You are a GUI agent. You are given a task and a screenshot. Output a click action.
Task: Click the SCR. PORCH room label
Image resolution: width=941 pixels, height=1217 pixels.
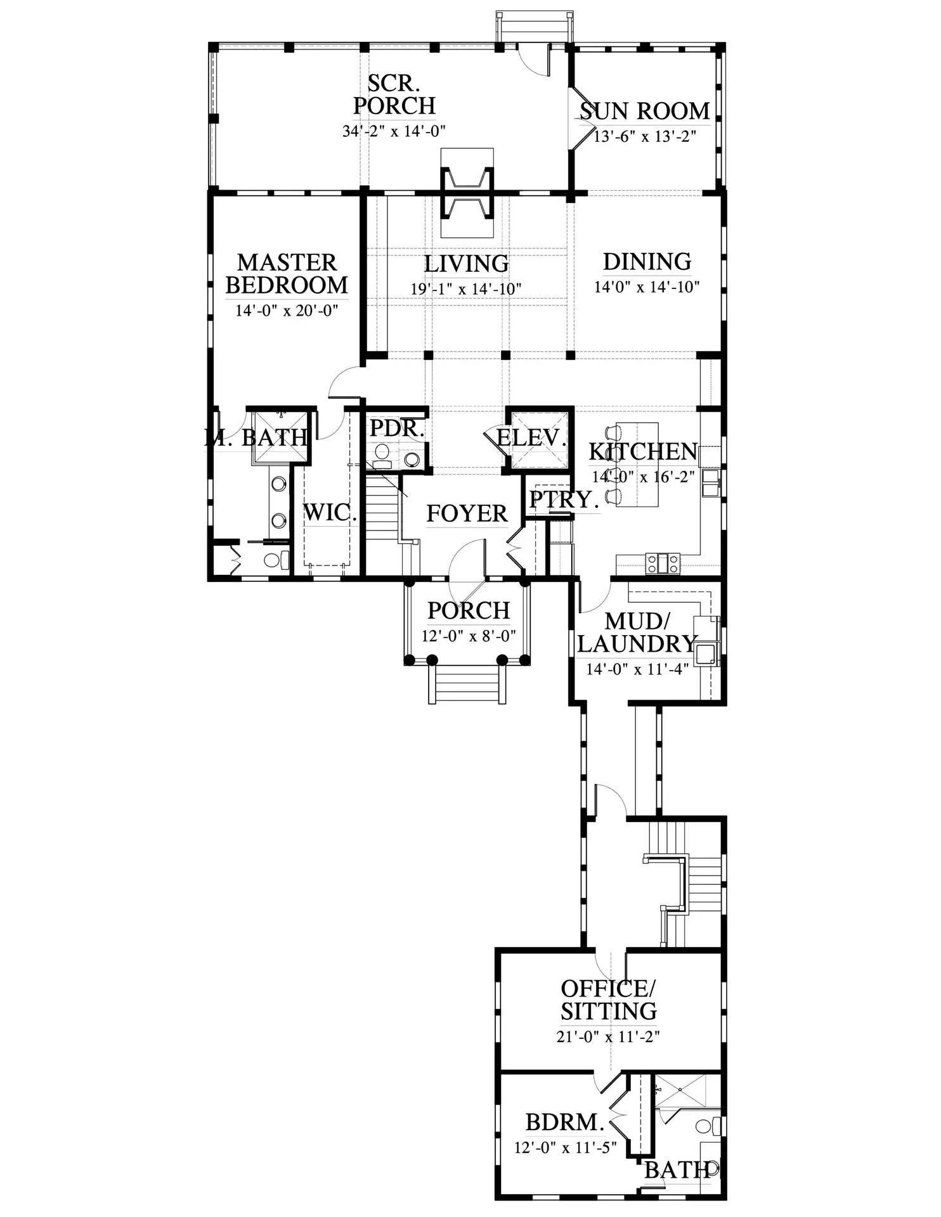click(x=394, y=94)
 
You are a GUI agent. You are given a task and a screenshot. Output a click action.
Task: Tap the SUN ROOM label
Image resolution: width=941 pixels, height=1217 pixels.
click(x=644, y=111)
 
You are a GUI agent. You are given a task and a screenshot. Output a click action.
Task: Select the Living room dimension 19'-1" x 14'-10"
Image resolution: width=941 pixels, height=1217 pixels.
click(x=466, y=289)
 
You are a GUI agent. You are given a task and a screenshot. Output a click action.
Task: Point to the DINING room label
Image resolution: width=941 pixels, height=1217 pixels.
click(x=647, y=261)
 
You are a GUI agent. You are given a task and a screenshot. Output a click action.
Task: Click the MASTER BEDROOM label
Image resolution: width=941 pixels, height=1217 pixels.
click(x=287, y=274)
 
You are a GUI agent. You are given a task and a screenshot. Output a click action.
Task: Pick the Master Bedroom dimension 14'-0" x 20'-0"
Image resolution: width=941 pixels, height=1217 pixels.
click(x=287, y=311)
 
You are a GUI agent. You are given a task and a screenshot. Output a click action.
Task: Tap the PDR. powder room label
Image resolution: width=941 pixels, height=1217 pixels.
click(x=397, y=428)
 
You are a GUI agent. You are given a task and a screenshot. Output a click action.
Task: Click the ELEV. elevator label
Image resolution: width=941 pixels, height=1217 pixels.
click(x=531, y=437)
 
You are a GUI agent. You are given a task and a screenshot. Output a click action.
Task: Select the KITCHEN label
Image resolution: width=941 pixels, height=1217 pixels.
click(x=643, y=452)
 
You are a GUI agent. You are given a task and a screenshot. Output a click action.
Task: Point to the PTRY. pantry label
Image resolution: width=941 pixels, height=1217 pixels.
click(x=564, y=499)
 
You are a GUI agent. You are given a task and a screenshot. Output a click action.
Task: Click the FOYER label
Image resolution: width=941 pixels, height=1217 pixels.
click(x=467, y=513)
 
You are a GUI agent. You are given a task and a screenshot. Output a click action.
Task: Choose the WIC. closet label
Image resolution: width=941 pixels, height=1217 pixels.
click(x=330, y=513)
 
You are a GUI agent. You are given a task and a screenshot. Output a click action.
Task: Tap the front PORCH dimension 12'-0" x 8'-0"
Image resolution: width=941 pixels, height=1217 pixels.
click(x=469, y=636)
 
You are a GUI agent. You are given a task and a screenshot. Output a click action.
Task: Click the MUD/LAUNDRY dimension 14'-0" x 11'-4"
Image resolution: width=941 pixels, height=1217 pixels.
click(x=637, y=669)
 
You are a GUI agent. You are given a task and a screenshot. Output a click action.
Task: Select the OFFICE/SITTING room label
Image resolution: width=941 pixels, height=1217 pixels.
click(x=609, y=1000)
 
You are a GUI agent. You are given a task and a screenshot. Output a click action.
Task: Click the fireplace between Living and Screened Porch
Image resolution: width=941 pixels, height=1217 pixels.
click(x=467, y=192)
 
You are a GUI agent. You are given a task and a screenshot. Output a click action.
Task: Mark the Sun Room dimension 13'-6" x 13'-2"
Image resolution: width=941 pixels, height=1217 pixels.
click(x=644, y=136)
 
